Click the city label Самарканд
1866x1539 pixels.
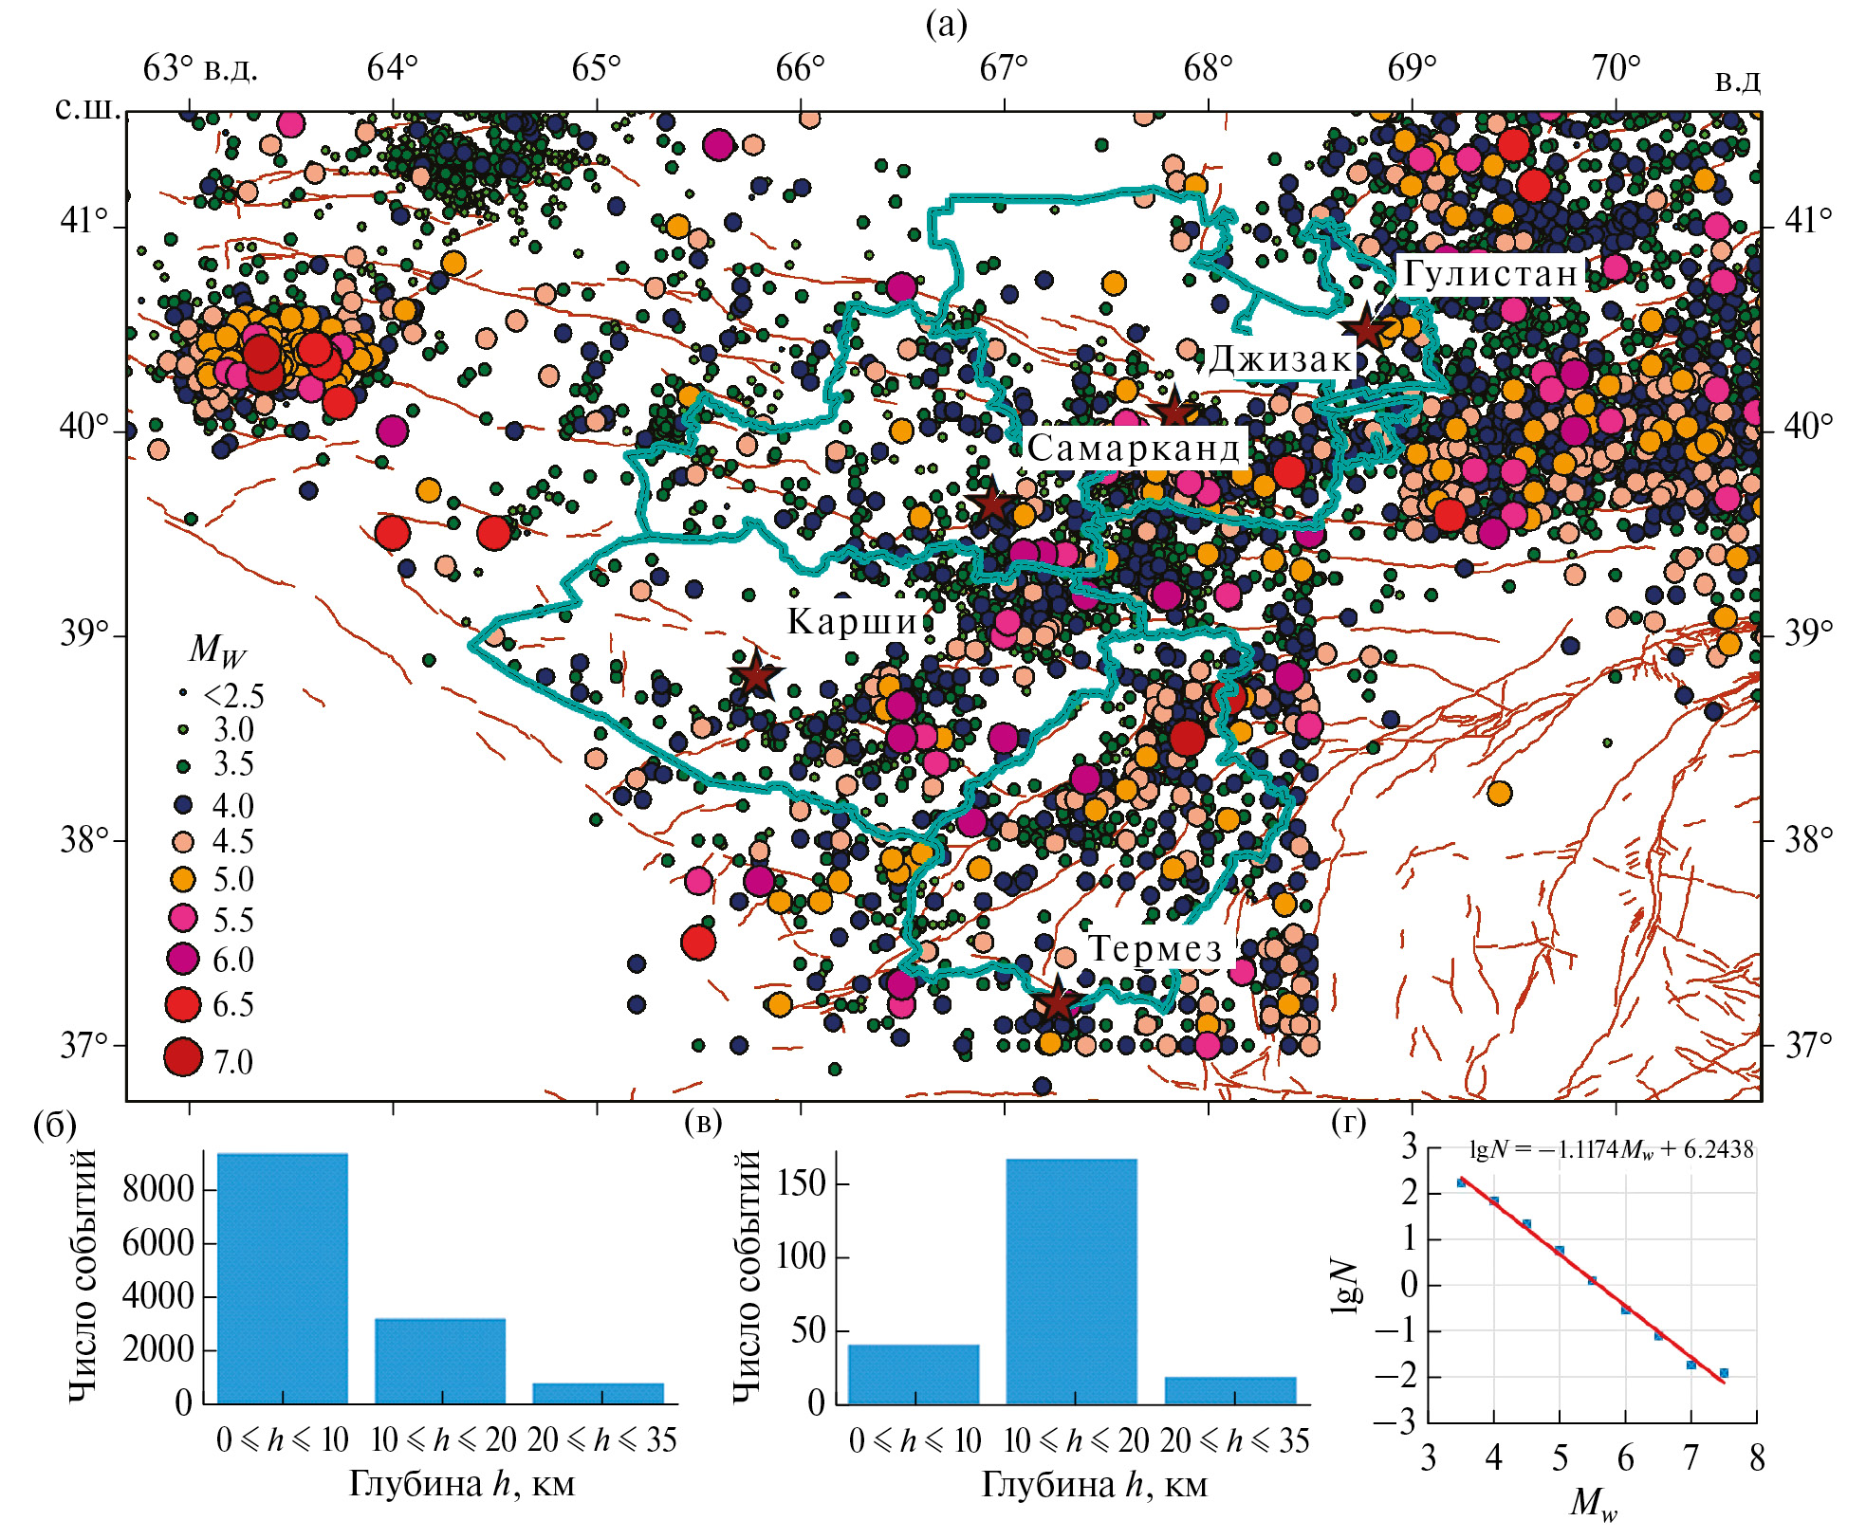pos(1134,448)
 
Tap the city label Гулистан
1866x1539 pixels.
pos(1490,273)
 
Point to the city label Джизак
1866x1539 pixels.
pos(1280,359)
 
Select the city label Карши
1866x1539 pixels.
pos(853,621)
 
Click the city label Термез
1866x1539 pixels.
pos(1155,948)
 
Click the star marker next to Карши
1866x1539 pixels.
pos(755,675)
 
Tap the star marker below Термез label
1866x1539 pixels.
pos(1055,1001)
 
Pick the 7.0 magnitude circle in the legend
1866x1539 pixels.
pos(183,1058)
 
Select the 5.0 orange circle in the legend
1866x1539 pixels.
pos(183,880)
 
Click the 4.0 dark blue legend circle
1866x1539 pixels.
pos(183,805)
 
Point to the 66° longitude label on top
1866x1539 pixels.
pos(801,68)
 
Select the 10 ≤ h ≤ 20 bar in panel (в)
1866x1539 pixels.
pos(1071,1280)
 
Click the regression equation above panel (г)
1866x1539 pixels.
pos(1611,1150)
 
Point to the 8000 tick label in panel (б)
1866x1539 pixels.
pos(157,1189)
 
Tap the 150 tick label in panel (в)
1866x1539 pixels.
pos(801,1183)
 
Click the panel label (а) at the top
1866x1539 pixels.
pos(946,25)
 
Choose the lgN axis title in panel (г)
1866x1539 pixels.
pos(1344,1286)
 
